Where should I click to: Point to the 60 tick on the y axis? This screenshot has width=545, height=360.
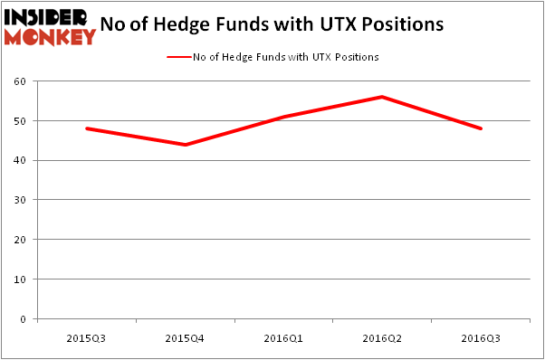pyautogui.click(x=19, y=81)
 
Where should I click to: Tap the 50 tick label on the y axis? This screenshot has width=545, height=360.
pyautogui.click(x=19, y=121)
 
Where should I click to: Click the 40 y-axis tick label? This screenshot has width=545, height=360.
pyautogui.click(x=19, y=161)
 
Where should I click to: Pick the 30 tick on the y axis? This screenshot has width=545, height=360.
pyautogui.click(x=19, y=200)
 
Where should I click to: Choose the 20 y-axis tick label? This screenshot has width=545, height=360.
pyautogui.click(x=19, y=240)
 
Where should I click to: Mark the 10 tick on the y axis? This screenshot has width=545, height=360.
pyautogui.click(x=19, y=279)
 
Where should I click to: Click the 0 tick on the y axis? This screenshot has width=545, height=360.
pyautogui.click(x=22, y=319)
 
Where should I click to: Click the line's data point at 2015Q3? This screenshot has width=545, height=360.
pyautogui.click(x=86, y=128)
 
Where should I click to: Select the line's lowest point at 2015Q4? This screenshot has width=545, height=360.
pyautogui.click(x=185, y=145)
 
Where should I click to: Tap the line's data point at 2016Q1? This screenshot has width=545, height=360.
pyautogui.click(x=283, y=117)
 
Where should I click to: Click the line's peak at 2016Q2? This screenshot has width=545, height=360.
pyautogui.click(x=382, y=97)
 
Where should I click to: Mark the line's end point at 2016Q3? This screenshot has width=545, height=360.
pyautogui.click(x=481, y=128)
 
